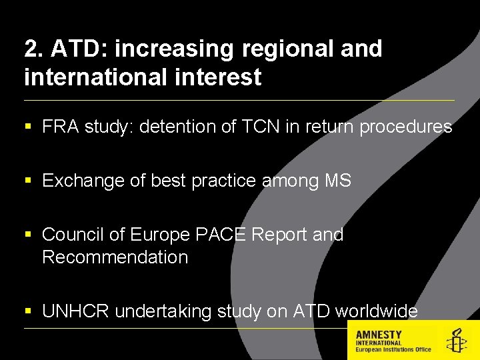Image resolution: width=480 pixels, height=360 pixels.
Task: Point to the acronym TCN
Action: [x=261, y=127]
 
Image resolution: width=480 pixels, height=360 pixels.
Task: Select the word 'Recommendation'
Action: [x=115, y=257]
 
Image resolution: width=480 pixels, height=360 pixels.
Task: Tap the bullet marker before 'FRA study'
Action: [x=27, y=127]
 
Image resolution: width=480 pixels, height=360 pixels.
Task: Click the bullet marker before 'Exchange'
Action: [x=27, y=181]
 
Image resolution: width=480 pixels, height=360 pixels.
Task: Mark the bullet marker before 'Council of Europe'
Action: [x=27, y=235]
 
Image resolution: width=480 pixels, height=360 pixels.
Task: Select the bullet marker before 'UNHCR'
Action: [x=27, y=311]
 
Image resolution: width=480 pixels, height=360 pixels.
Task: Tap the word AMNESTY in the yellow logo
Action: [x=379, y=334]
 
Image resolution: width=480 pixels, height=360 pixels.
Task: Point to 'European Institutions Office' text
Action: [x=393, y=349]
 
